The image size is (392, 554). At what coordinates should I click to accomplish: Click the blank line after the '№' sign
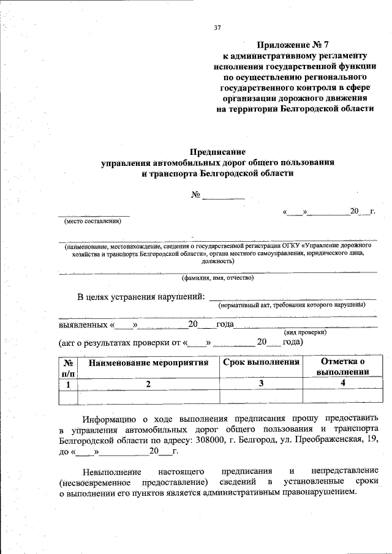[224, 197]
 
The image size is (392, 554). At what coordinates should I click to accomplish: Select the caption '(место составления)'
[94, 222]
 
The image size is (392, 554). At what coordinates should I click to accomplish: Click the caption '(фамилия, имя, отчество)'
[217, 278]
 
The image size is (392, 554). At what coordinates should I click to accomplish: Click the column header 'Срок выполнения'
[261, 362]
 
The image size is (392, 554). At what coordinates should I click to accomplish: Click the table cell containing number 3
[261, 383]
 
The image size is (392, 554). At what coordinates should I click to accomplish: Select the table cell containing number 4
[343, 383]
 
